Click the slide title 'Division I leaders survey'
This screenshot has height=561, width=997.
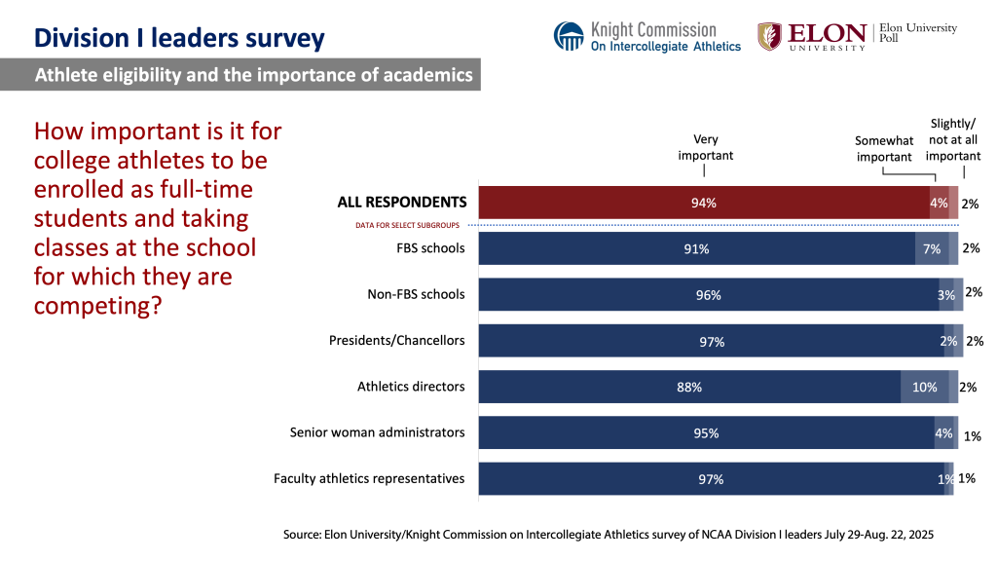179,38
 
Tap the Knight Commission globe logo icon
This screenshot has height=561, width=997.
569,36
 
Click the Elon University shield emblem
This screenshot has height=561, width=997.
769,36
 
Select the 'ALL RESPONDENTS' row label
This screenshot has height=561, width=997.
401,203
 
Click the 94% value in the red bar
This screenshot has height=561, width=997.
704,203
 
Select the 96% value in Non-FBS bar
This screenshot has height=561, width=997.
708,295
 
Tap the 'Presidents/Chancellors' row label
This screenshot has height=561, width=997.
397,340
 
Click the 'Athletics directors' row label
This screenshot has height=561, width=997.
411,387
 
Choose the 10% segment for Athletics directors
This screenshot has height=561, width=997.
924,387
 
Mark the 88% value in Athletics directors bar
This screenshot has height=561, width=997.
689,387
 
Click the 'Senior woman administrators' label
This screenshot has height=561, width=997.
377,432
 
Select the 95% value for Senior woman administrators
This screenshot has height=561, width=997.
706,433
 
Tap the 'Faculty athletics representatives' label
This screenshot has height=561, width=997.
369,478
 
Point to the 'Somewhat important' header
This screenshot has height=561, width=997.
883,149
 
